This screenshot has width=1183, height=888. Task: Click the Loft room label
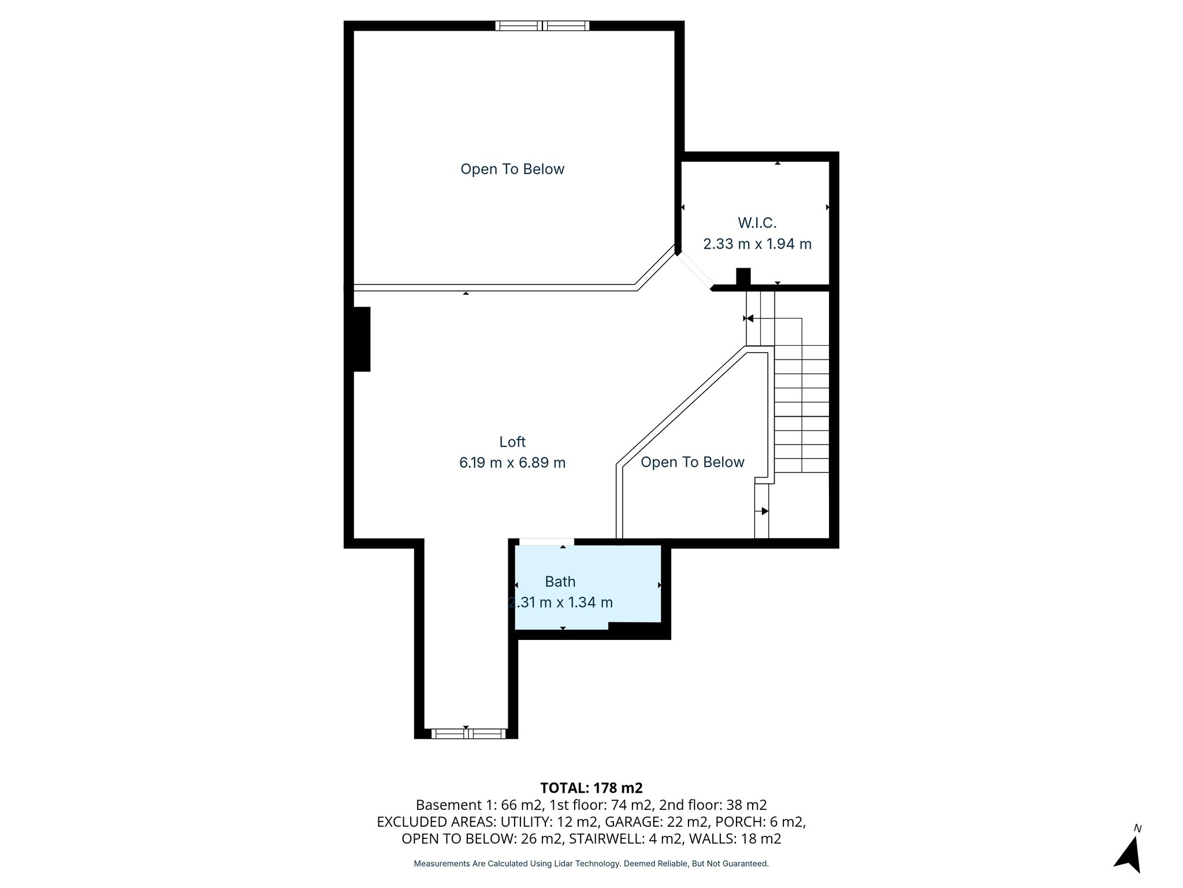[512, 442]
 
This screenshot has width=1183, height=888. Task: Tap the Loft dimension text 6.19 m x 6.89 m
[512, 462]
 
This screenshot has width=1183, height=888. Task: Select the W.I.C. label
[757, 223]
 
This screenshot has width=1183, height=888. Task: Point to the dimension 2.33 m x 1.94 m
[757, 244]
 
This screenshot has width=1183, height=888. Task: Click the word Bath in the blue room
[560, 582]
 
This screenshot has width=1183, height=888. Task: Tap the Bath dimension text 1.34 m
[590, 602]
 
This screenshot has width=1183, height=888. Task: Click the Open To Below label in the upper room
[512, 169]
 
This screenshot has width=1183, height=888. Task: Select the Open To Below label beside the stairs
[692, 462]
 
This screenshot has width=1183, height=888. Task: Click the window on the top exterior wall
[542, 25]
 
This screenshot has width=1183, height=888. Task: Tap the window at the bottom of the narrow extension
[468, 734]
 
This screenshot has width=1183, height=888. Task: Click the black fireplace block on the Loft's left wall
[362, 339]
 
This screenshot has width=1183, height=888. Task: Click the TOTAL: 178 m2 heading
[591, 788]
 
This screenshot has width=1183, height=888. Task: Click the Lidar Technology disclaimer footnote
[591, 864]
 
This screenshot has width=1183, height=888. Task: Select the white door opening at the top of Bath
[546, 542]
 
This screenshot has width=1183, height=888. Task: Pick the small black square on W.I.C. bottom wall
[743, 276]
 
